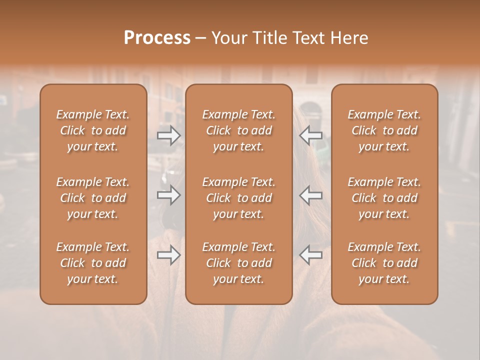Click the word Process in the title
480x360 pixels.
(x=157, y=38)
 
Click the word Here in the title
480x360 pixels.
(x=349, y=38)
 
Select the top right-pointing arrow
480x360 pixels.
(x=168, y=135)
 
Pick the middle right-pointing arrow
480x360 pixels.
(x=168, y=195)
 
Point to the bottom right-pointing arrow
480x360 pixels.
(x=168, y=255)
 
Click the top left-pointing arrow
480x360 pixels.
(x=311, y=135)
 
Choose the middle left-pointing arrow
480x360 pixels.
(x=311, y=195)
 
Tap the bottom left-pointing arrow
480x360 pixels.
(x=311, y=255)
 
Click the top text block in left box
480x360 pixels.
(x=93, y=130)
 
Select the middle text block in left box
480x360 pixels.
(x=93, y=198)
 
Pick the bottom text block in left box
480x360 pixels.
(x=93, y=263)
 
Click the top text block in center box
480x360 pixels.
(x=239, y=130)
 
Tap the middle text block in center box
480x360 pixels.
(x=239, y=198)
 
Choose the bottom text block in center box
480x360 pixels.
(x=239, y=263)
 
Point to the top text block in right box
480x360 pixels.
(x=384, y=130)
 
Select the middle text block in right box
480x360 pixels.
(x=384, y=198)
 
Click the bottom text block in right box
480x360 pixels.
(x=384, y=263)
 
